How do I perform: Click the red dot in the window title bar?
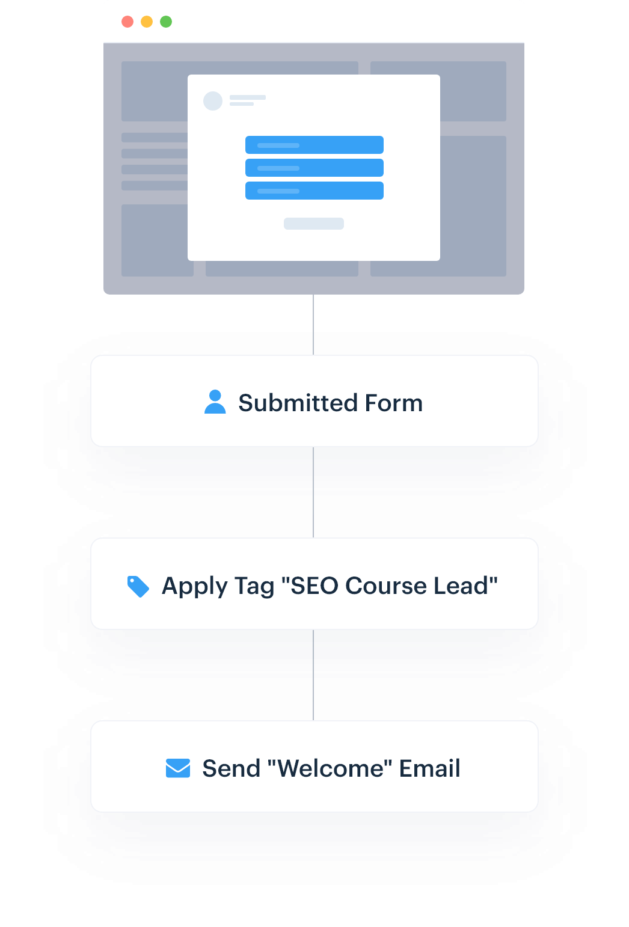pyautogui.click(x=127, y=22)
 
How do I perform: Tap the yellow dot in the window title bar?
pyautogui.click(x=147, y=22)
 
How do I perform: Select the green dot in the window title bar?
pyautogui.click(x=166, y=22)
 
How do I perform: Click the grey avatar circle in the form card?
pyautogui.click(x=213, y=101)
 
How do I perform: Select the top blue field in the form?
pyautogui.click(x=314, y=145)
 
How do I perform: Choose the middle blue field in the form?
pyautogui.click(x=314, y=168)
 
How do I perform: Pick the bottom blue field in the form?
pyautogui.click(x=314, y=191)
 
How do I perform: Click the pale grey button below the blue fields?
pyautogui.click(x=314, y=224)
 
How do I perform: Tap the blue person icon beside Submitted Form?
pyautogui.click(x=215, y=402)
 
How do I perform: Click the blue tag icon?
pyautogui.click(x=138, y=587)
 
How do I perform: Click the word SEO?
pyautogui.click(x=314, y=586)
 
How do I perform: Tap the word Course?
pyautogui.click(x=385, y=586)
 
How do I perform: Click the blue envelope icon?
pyautogui.click(x=178, y=768)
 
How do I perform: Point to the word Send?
pyautogui.click(x=231, y=768)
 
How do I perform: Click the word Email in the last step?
pyautogui.click(x=429, y=768)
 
